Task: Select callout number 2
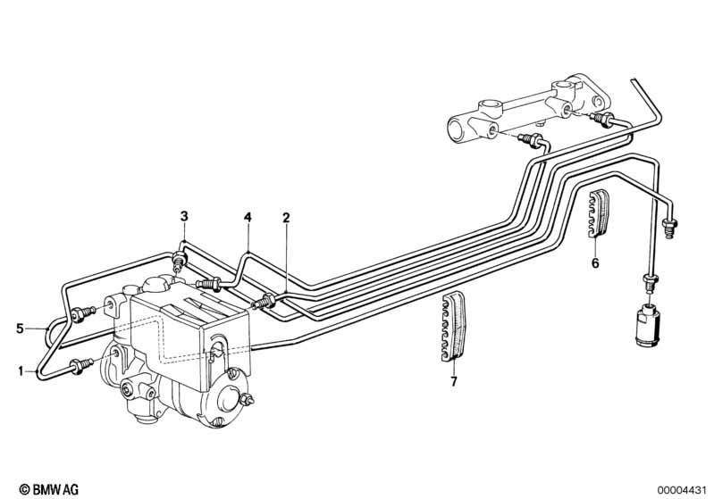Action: pyautogui.click(x=286, y=218)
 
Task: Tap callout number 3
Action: pyautogui.click(x=184, y=215)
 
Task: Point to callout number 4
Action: pyautogui.click(x=248, y=217)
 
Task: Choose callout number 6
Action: pyautogui.click(x=595, y=262)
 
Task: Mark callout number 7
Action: pyautogui.click(x=453, y=382)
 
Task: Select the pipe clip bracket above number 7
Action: pyautogui.click(x=453, y=326)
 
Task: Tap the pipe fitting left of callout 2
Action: pyautogui.click(x=263, y=302)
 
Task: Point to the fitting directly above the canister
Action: pyautogui.click(x=651, y=283)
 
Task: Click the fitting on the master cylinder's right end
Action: pyautogui.click(x=602, y=120)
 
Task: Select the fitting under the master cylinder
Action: pyautogui.click(x=534, y=139)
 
